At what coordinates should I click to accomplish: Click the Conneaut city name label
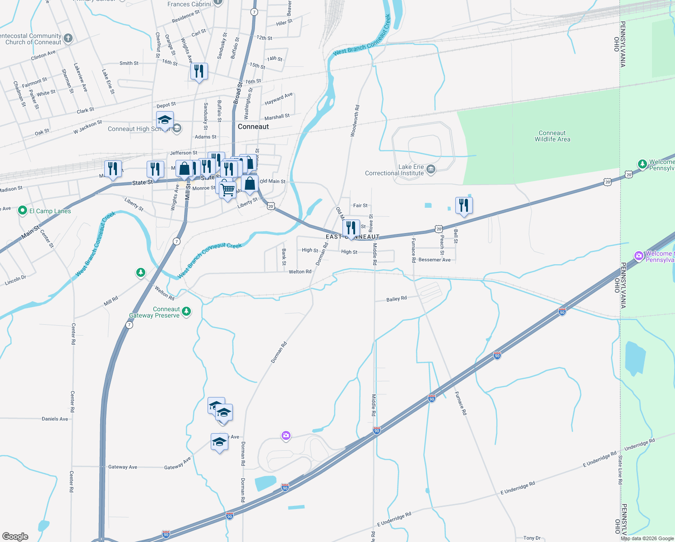coord(253,126)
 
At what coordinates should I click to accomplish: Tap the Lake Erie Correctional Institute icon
coord(431,169)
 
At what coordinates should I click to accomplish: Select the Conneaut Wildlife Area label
coord(552,136)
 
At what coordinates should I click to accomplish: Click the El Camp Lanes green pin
coord(23,210)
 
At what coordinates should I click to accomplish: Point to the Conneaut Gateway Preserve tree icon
coord(186,311)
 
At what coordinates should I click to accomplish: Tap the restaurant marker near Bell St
coord(463,206)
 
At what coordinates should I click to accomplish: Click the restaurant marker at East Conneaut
coord(351,228)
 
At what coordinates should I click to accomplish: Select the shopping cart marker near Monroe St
coord(228,189)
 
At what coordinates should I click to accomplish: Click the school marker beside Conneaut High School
coord(165,120)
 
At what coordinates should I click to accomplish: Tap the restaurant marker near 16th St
coord(199,71)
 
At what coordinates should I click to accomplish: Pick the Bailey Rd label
coord(397,299)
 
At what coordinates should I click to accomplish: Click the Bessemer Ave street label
coord(435,260)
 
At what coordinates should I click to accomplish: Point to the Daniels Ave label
coord(55,419)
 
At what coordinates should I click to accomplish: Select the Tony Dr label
coord(532,538)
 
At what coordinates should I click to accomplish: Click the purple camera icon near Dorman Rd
coord(286,436)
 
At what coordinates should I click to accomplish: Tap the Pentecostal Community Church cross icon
coord(68,38)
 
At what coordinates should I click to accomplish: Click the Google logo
coord(15,537)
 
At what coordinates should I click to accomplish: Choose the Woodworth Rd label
coord(355,121)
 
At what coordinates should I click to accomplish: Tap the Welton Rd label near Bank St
coord(300,271)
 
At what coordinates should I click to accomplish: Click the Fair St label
coord(360,206)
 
